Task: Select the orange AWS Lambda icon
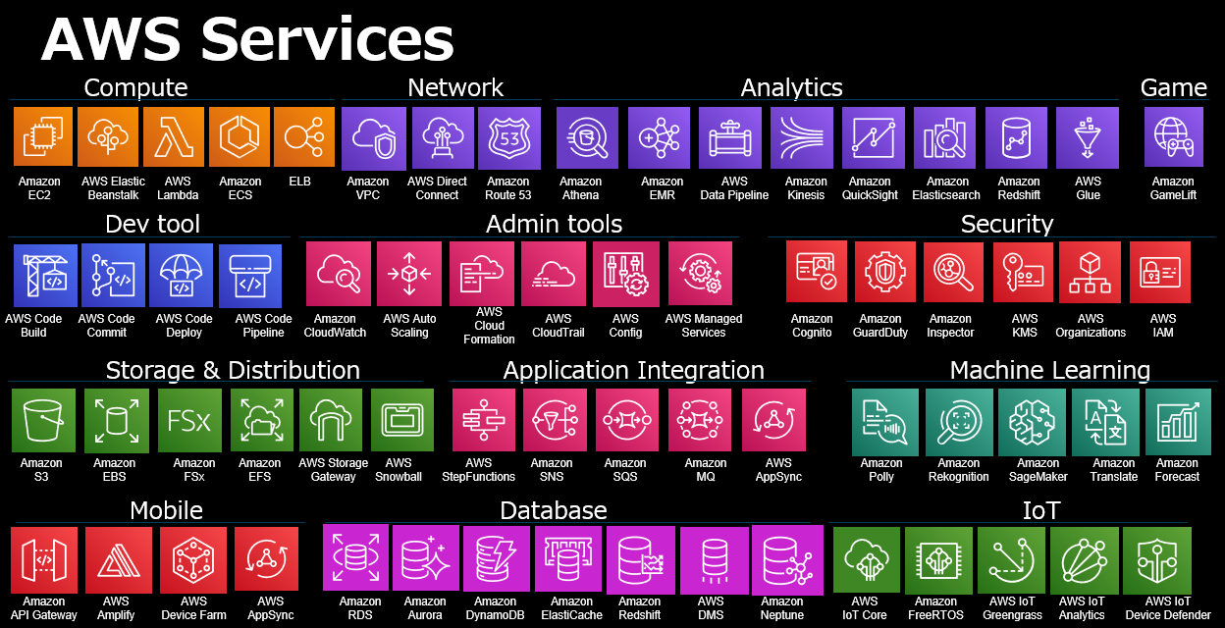coord(174,137)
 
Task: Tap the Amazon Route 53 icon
coord(509,137)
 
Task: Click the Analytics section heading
coord(791,87)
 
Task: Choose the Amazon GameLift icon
coord(1173,137)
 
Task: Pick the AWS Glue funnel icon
coord(1088,137)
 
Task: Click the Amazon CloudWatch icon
coord(338,274)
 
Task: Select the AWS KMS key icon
coord(1023,272)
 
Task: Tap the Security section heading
coord(1006,224)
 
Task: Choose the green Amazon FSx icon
coord(189,420)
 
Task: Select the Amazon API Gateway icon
coord(43,559)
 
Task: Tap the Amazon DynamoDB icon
coord(497,559)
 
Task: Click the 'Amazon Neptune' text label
coord(782,608)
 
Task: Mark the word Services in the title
coord(327,41)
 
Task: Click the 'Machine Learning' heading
coord(1049,370)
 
